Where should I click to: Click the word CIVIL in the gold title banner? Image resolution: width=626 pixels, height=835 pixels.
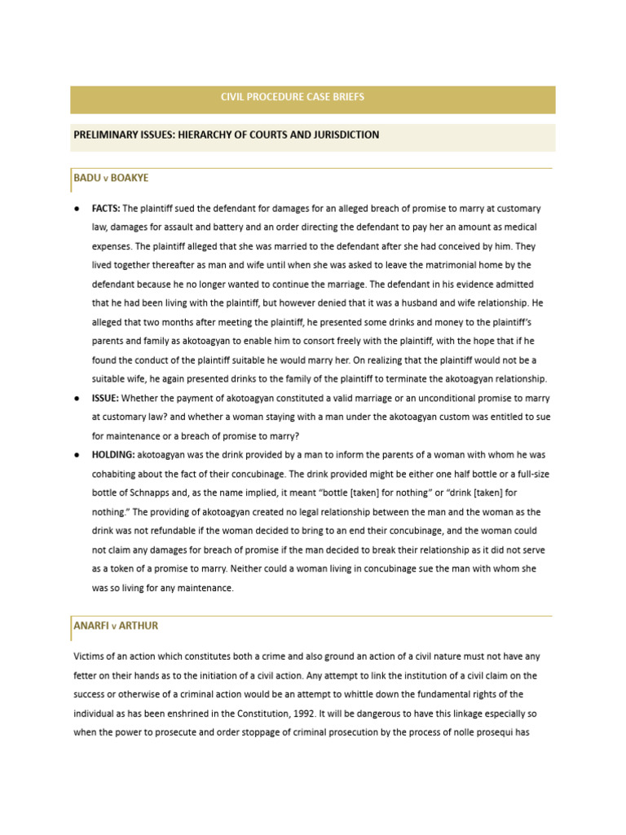click(233, 97)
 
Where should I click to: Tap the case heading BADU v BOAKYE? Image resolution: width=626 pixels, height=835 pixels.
click(111, 178)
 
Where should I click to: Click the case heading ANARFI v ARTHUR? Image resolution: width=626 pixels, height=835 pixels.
click(116, 625)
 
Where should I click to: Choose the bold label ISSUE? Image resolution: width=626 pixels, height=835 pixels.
click(105, 398)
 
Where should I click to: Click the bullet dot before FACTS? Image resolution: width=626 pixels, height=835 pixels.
click(75, 209)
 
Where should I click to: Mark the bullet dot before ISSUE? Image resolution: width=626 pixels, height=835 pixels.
click(75, 398)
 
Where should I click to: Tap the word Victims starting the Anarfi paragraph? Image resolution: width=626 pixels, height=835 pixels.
click(90, 656)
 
